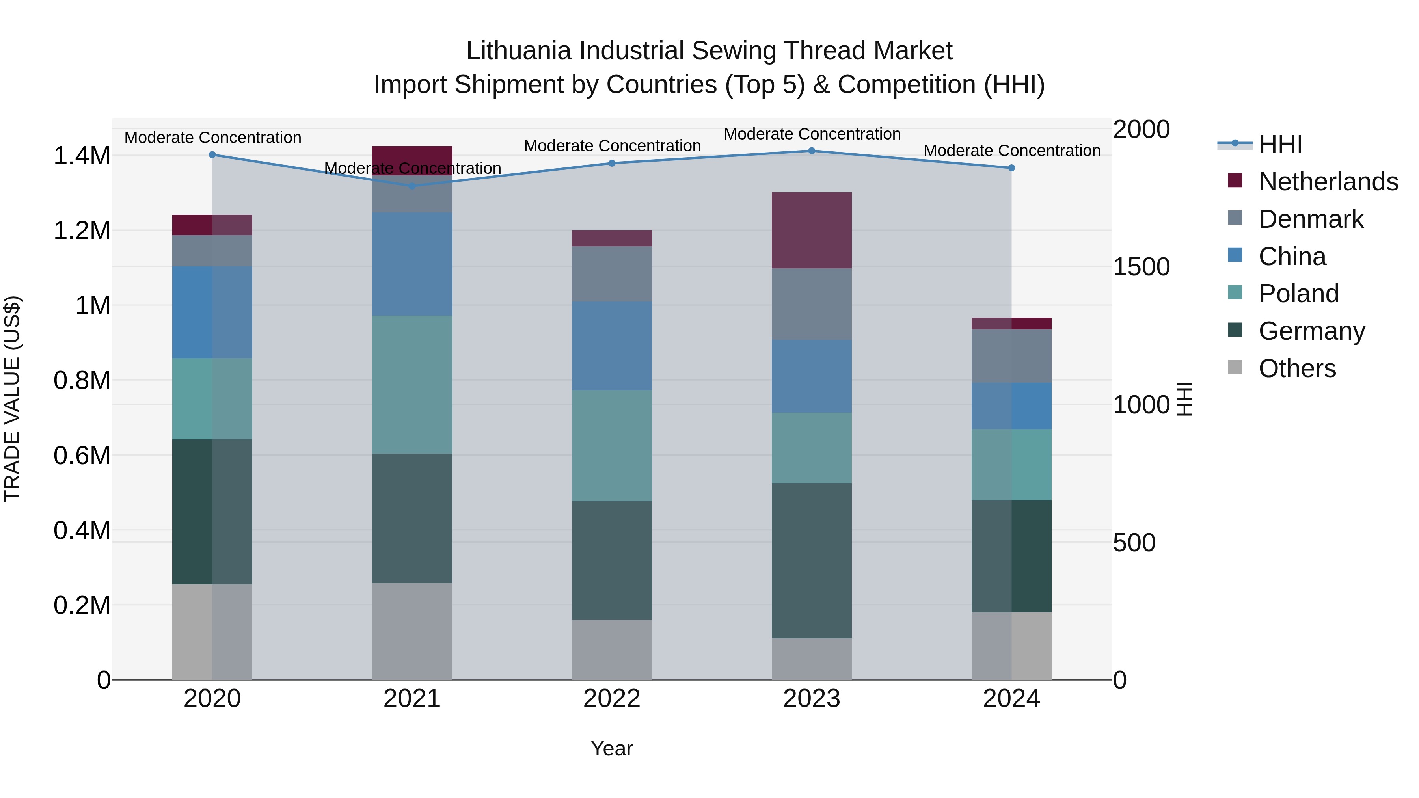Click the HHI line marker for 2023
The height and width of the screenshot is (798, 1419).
coord(812,151)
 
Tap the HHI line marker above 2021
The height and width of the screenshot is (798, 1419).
coord(412,186)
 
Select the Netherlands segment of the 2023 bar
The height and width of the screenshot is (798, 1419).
coord(812,230)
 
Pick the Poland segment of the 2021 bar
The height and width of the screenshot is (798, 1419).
coord(412,384)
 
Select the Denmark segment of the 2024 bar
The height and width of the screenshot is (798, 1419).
coord(1011,356)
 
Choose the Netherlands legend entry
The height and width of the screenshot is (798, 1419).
coord(1328,182)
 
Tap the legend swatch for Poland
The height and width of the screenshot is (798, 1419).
coord(1235,293)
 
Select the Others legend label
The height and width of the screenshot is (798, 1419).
coord(1297,368)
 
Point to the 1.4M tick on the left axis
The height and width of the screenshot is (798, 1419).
coord(82,156)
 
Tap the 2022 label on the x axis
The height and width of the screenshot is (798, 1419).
coord(611,699)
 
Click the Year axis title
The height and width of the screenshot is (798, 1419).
coord(611,748)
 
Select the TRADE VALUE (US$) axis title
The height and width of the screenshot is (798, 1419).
coord(12,399)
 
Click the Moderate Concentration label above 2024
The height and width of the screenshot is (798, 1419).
coord(1011,151)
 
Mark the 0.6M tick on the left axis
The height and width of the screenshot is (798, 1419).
coord(82,456)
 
